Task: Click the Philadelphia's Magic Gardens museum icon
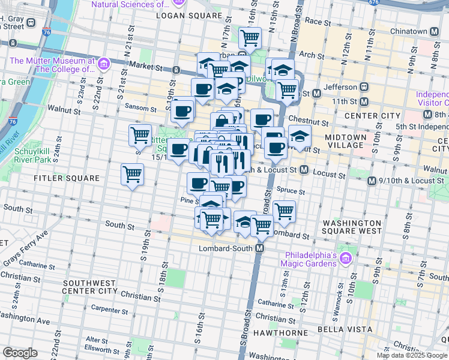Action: point(345,259)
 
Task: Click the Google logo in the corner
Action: point(20,353)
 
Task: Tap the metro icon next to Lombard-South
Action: point(260,248)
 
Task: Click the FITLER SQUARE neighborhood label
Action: point(67,178)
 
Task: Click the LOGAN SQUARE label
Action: point(189,14)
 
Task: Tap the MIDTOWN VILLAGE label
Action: point(345,141)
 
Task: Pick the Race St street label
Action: point(314,20)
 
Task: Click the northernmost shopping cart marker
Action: point(250,38)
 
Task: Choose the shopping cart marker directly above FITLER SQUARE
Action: point(133,175)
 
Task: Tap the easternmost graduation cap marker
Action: point(300,136)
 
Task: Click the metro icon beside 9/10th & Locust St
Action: point(372,181)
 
